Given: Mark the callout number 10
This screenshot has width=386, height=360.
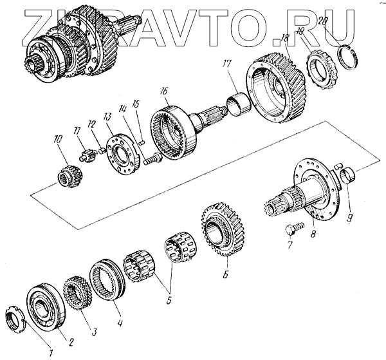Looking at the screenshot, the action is [x=58, y=139].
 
